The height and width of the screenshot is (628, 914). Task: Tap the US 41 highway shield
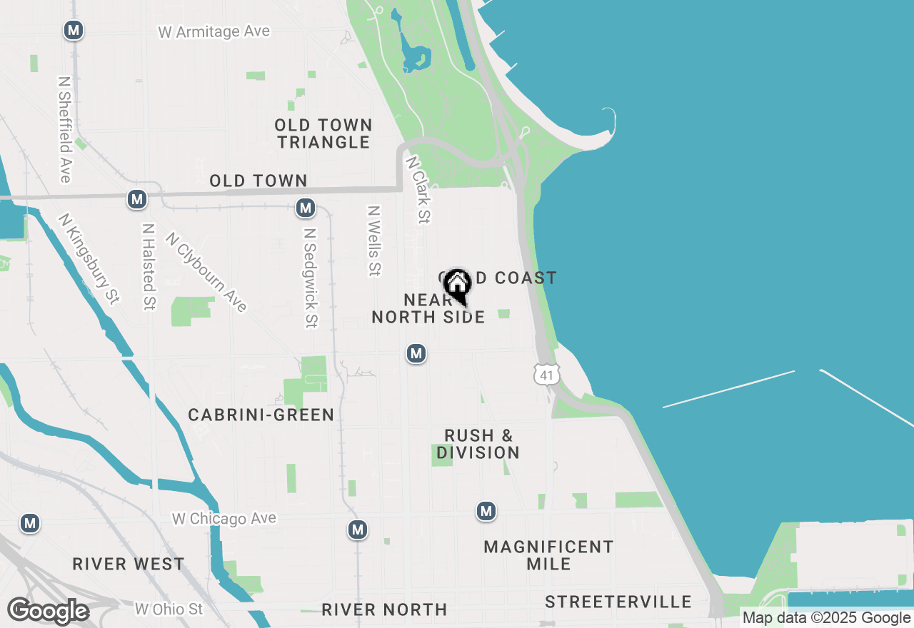pyautogui.click(x=546, y=374)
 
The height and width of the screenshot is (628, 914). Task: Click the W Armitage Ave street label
pyautogui.click(x=214, y=31)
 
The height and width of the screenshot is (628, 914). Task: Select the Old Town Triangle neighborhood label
pyautogui.click(x=324, y=133)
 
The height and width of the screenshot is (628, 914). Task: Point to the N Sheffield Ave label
pyautogui.click(x=65, y=129)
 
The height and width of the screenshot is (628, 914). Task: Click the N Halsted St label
pyautogui.click(x=148, y=267)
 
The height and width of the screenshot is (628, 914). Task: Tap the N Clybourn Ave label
pyautogui.click(x=206, y=272)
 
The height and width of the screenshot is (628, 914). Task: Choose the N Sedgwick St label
pyautogui.click(x=310, y=278)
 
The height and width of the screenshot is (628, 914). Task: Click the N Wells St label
pyautogui.click(x=373, y=240)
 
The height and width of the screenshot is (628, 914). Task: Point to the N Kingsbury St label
pyautogui.click(x=89, y=259)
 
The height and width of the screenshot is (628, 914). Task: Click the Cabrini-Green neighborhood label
pyautogui.click(x=261, y=415)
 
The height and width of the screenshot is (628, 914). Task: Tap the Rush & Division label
pyautogui.click(x=478, y=444)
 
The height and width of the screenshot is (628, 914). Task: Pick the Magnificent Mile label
pyautogui.click(x=548, y=555)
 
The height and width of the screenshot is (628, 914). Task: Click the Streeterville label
pyautogui.click(x=618, y=602)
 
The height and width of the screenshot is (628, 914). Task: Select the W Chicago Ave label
pyautogui.click(x=224, y=519)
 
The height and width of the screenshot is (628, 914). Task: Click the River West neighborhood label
pyautogui.click(x=129, y=564)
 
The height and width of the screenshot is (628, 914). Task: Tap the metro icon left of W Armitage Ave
pyautogui.click(x=73, y=31)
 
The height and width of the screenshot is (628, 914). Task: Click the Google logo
pyautogui.click(x=48, y=611)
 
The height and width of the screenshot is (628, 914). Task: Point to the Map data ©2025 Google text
pyautogui.click(x=826, y=618)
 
